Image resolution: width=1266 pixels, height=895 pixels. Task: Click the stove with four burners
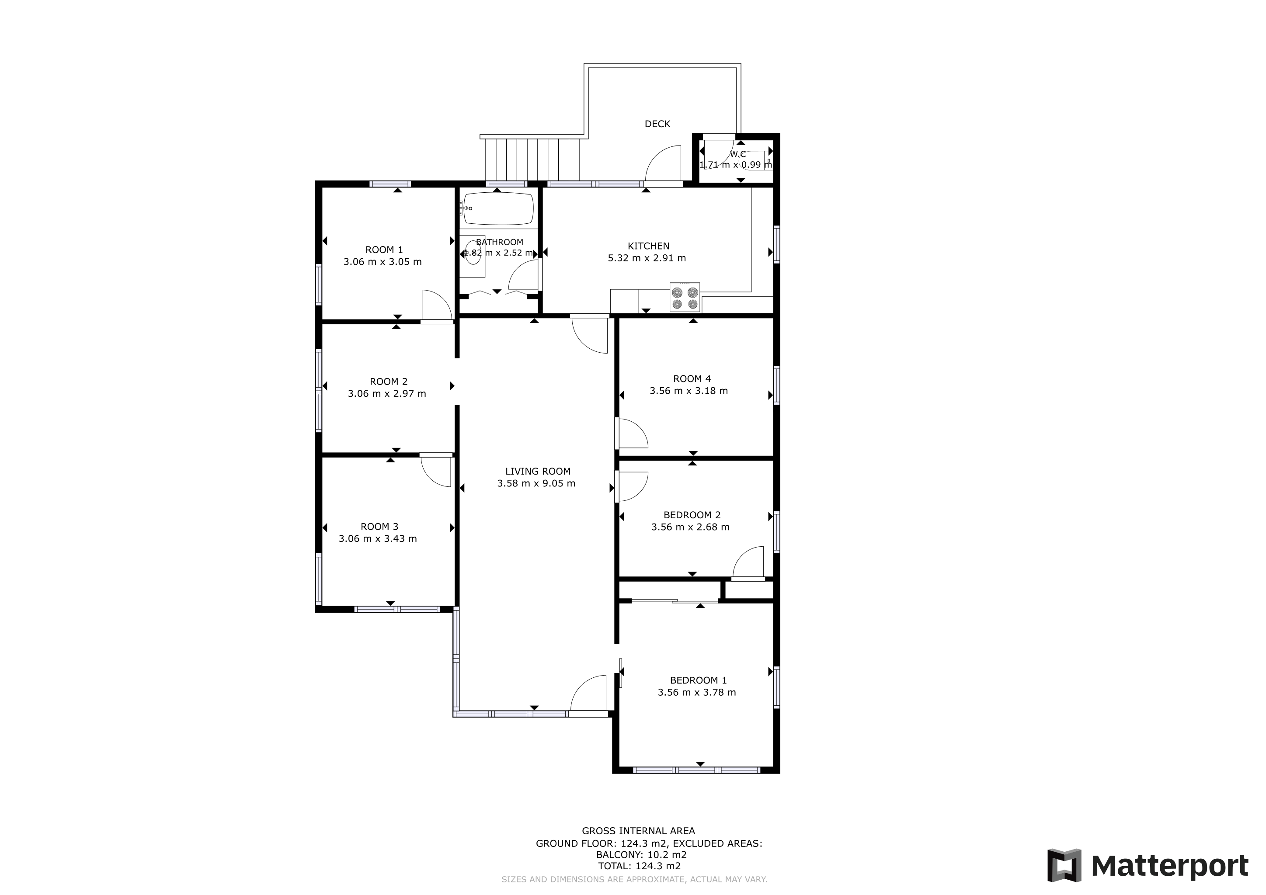click(x=685, y=298)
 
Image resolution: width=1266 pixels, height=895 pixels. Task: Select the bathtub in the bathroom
click(x=498, y=208)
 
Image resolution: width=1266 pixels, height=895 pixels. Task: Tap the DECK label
click(x=657, y=124)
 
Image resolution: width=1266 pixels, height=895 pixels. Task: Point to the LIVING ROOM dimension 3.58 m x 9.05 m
click(x=536, y=483)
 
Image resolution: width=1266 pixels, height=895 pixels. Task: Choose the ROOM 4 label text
click(x=692, y=378)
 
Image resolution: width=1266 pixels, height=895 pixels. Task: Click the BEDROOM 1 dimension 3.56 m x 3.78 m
click(x=696, y=692)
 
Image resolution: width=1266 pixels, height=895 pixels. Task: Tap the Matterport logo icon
click(x=1064, y=865)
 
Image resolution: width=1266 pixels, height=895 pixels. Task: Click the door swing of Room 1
click(x=437, y=305)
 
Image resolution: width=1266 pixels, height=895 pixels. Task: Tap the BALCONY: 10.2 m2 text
click(x=641, y=855)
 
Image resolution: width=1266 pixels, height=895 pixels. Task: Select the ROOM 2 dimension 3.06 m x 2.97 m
click(x=386, y=393)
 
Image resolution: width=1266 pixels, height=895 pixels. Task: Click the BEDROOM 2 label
click(x=692, y=515)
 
